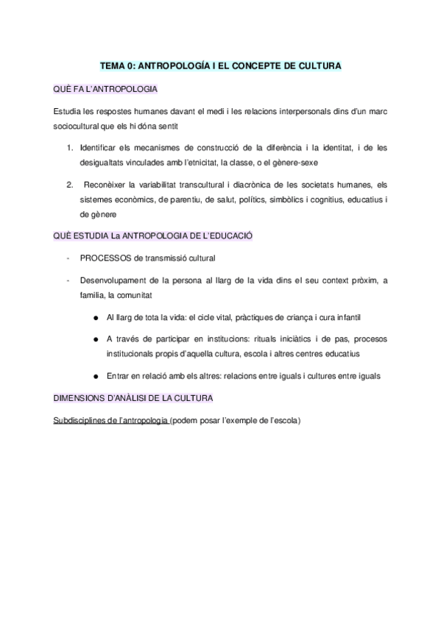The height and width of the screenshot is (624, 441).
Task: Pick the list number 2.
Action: click(x=68, y=183)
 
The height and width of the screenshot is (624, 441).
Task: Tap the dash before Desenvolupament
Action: click(x=68, y=280)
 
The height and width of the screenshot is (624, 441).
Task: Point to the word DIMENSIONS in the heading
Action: click(x=80, y=398)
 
